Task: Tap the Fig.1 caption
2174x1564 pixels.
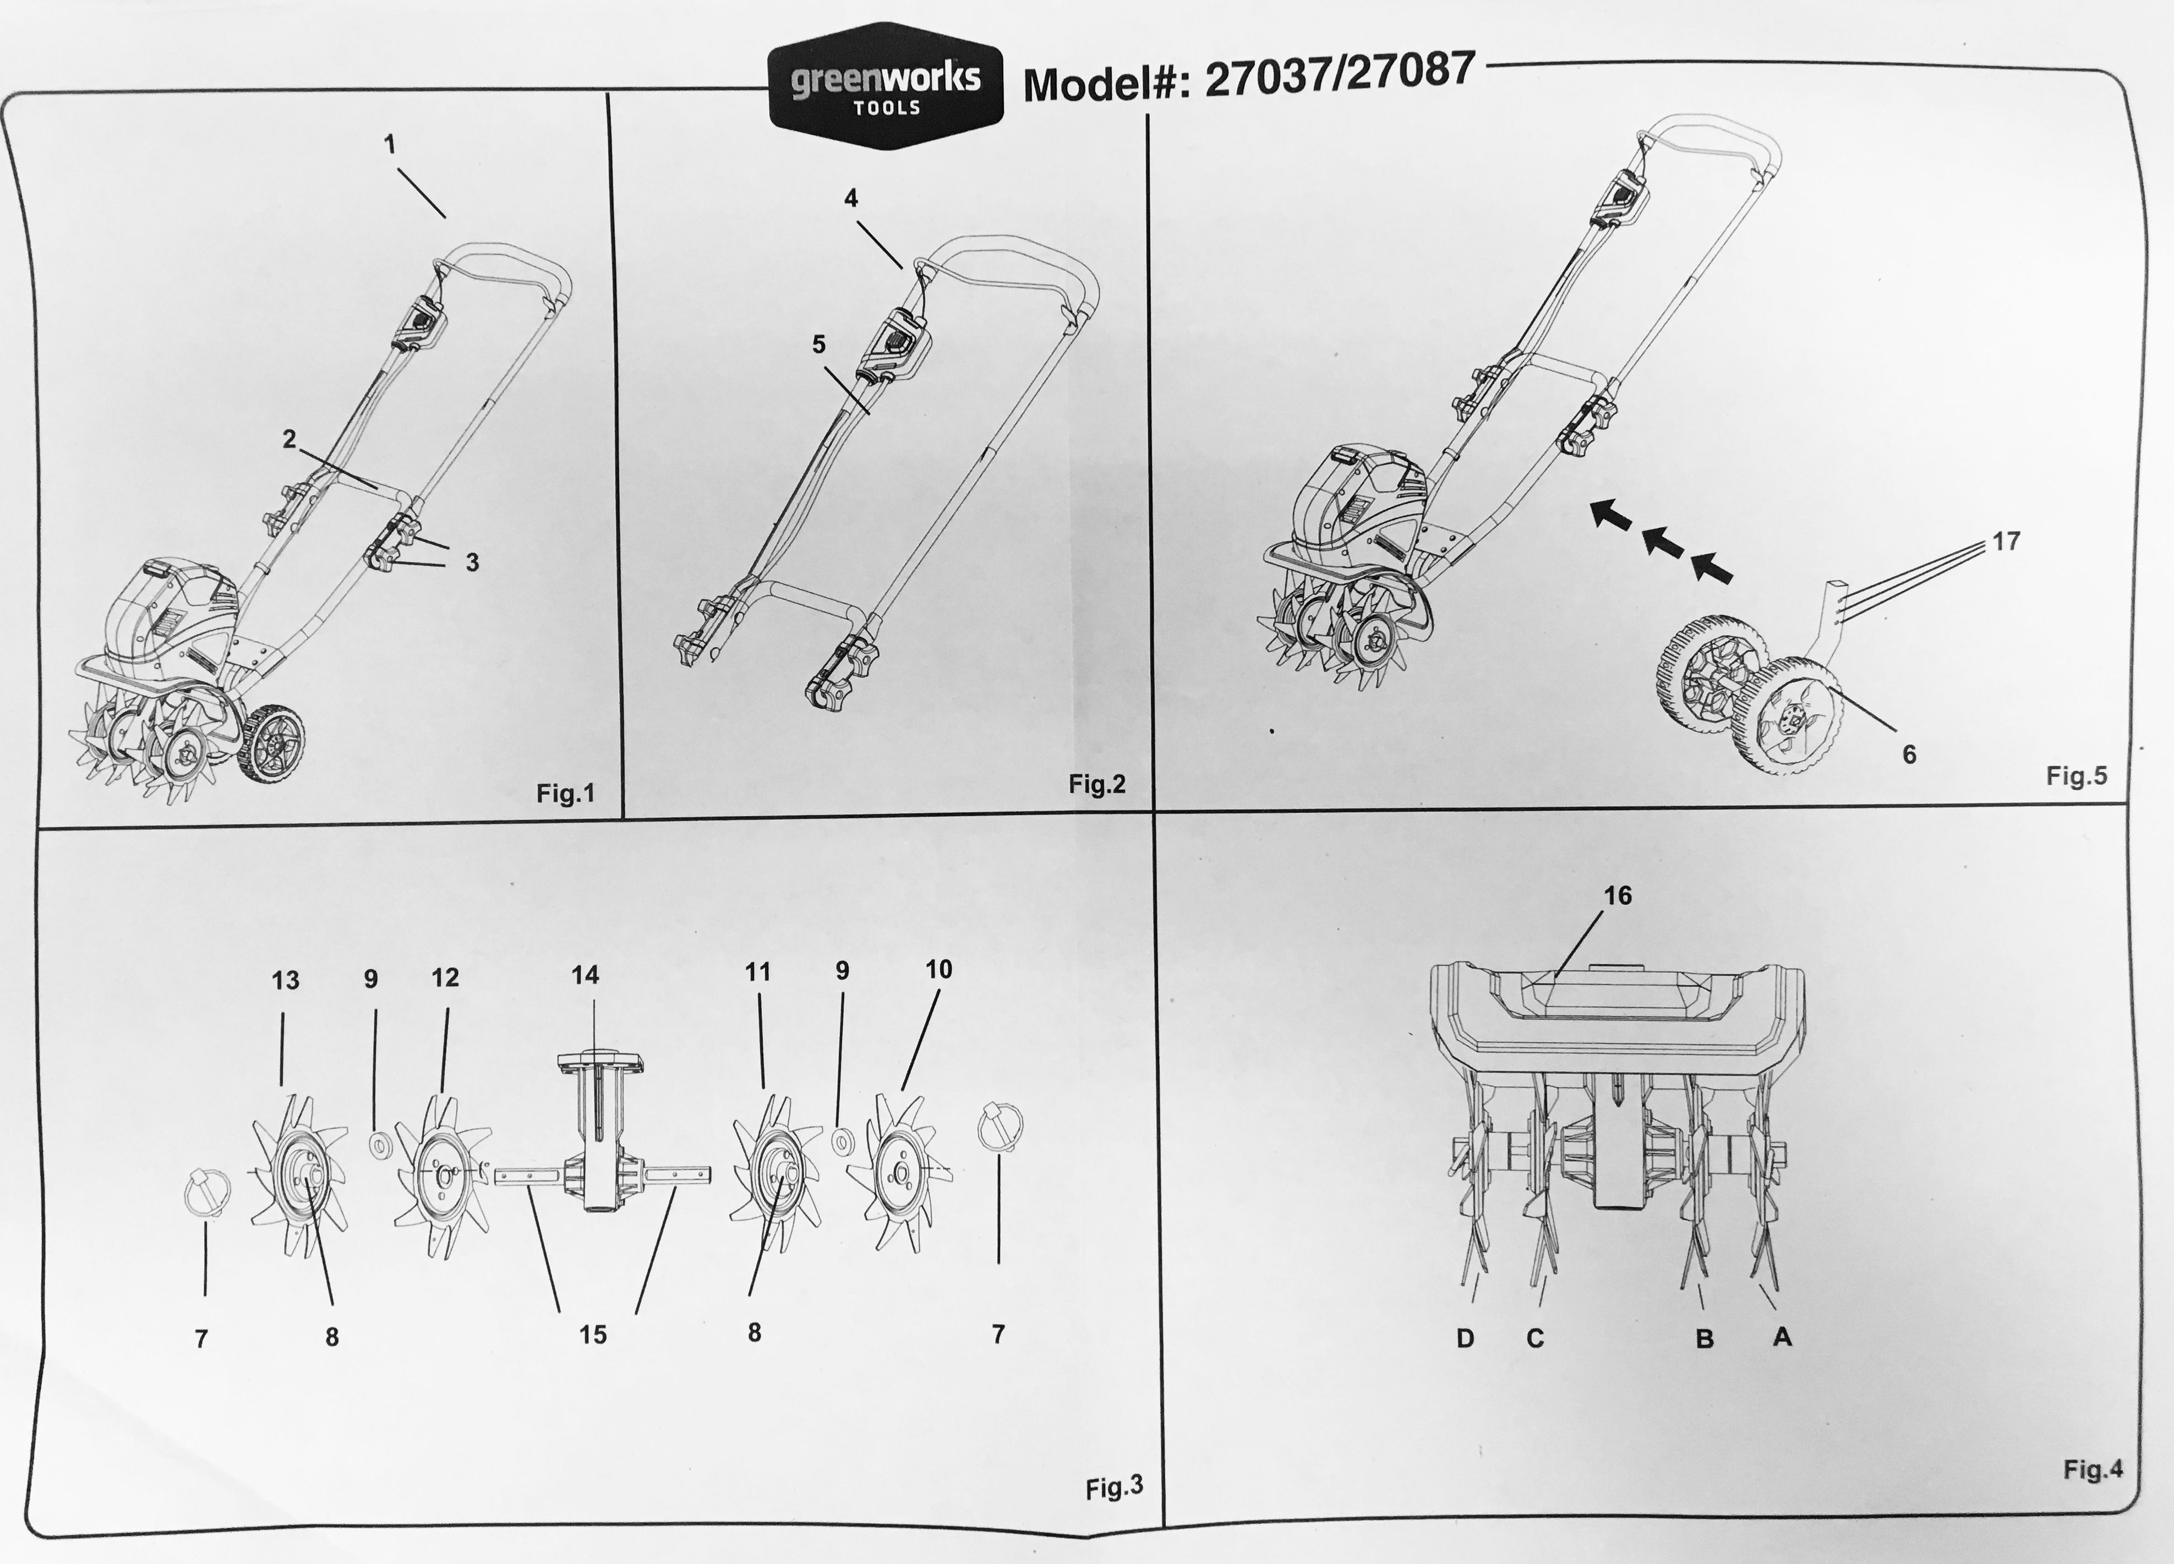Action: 566,794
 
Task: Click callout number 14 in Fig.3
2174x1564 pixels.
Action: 585,975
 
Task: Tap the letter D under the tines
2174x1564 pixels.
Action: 1465,1339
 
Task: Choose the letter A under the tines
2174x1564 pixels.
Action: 1782,1336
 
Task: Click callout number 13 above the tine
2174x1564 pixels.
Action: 285,980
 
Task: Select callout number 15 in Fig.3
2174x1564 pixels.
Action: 592,1335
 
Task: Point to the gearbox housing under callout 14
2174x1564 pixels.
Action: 597,1131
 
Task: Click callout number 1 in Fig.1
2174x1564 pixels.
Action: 389,144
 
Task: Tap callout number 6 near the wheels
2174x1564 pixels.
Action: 1909,755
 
